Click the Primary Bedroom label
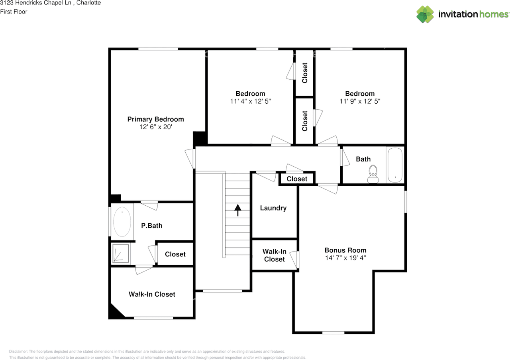[x=155, y=119]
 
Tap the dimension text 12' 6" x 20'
[x=155, y=127]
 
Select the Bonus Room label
[x=345, y=250]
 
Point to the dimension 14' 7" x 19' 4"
[x=345, y=258]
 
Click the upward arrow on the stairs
[x=238, y=210]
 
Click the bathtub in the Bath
[x=395, y=165]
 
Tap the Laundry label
[x=273, y=208]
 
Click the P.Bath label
[x=152, y=226]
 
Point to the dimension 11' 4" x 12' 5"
[x=250, y=101]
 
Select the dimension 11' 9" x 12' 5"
[x=360, y=101]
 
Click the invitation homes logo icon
[x=425, y=14]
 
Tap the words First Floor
[x=14, y=12]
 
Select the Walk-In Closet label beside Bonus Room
[x=274, y=255]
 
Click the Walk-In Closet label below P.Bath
[x=152, y=294]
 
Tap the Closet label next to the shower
[x=175, y=254]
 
